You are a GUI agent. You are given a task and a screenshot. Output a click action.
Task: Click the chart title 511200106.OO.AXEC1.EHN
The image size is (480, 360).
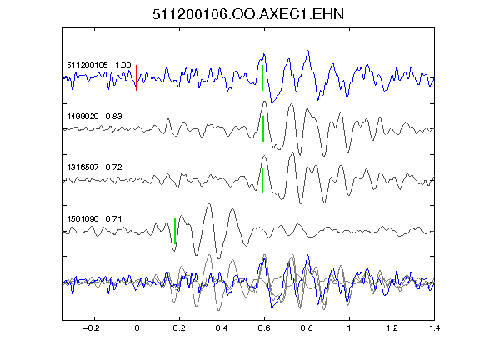pos(248,14)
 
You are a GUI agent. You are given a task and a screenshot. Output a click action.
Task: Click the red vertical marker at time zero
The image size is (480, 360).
pos(137,77)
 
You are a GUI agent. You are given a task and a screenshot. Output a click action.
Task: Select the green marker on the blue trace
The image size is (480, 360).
pos(262,77)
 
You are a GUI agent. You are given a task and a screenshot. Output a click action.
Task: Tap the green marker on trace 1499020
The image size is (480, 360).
pos(263,128)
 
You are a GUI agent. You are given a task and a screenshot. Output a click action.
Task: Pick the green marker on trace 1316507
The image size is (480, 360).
pos(262,180)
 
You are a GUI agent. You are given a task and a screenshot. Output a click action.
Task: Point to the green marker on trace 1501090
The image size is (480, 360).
pos(175,231)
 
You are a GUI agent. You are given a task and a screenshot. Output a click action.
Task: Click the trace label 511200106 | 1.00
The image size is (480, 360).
pos(99,66)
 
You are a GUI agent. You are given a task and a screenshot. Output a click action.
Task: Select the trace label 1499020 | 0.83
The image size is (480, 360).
pos(94,117)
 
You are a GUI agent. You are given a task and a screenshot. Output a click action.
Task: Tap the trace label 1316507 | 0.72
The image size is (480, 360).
pos(94,167)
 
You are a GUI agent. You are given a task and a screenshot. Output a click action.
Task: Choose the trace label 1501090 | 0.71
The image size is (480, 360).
pos(94,219)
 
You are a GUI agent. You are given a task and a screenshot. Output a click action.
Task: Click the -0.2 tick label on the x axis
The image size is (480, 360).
pos(92,328)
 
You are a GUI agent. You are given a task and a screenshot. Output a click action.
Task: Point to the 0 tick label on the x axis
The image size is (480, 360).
pos(137,328)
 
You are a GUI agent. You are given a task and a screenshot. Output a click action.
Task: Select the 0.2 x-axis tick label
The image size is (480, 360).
pos(179,328)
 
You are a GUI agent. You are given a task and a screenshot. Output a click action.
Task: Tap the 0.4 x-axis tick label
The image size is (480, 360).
pos(222,328)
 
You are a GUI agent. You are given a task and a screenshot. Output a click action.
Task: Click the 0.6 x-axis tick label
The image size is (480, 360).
pos(264,328)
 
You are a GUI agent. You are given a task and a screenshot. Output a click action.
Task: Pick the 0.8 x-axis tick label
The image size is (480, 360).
pos(307,328)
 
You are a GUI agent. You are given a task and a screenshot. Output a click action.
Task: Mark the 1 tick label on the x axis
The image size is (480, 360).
pos(349,328)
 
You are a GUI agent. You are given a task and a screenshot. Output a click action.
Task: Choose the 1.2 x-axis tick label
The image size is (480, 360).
pos(392,328)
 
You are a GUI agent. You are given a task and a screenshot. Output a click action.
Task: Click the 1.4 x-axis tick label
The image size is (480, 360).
pos(434,328)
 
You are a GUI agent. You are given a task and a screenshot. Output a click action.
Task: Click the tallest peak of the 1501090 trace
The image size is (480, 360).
pos(209,203)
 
